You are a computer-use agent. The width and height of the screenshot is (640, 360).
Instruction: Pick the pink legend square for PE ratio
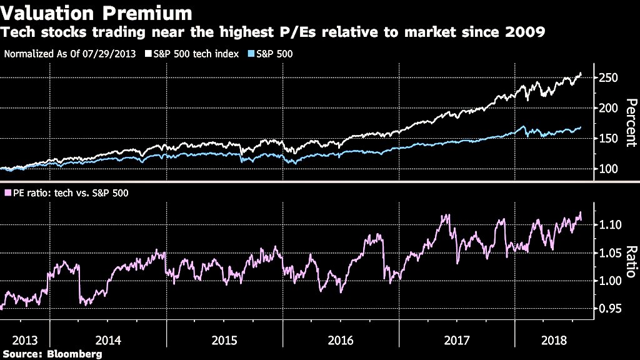[7, 193]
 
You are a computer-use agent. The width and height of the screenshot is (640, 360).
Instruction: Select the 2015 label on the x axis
[224, 341]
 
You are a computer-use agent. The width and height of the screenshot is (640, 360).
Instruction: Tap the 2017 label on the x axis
[457, 341]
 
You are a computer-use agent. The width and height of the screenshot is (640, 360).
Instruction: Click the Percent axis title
[631, 122]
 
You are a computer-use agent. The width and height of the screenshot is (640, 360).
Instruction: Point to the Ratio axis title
[631, 262]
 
